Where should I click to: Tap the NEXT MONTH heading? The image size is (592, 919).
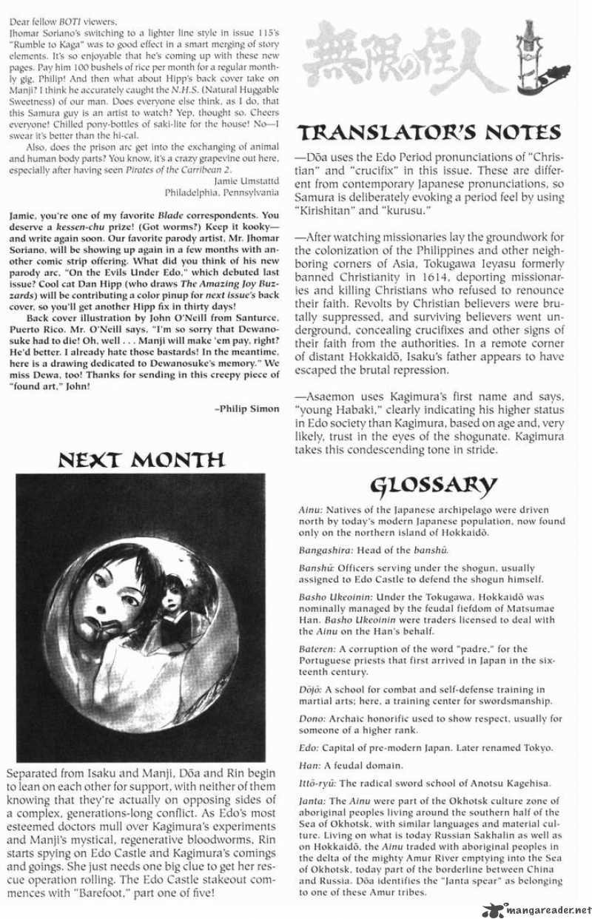[141, 460]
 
